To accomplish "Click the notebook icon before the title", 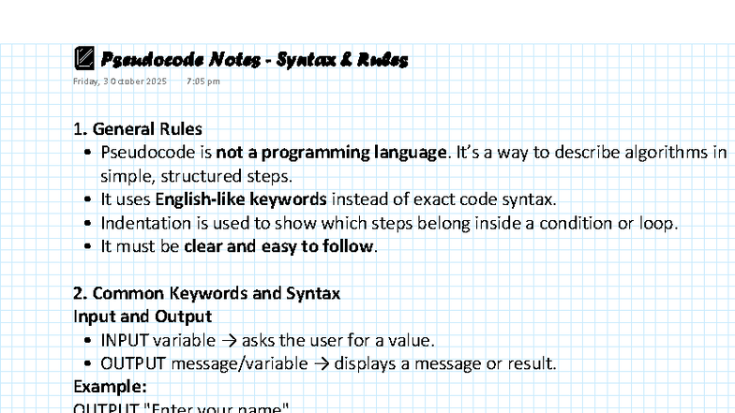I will pos(83,59).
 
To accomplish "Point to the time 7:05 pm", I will pos(202,81).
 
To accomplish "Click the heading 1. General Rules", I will pos(138,129).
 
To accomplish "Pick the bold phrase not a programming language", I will pos(331,153).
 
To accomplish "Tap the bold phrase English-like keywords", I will pos(241,199).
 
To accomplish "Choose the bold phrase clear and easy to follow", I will pos(278,247).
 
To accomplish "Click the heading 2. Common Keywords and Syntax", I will pos(206,294).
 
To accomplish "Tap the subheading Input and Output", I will pos(142,317).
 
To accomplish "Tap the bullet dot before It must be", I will pos(87,247).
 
